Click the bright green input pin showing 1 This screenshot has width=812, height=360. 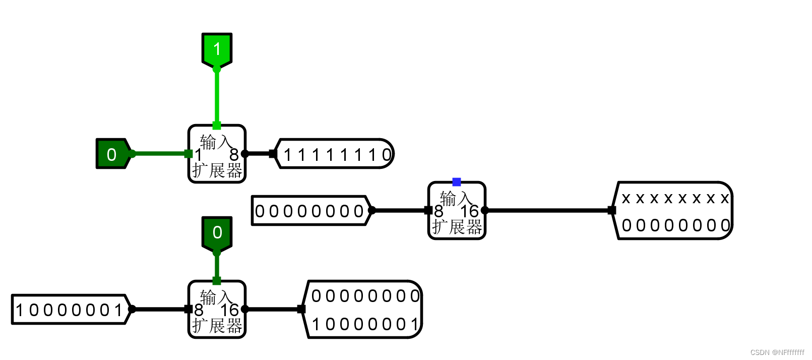click(217, 49)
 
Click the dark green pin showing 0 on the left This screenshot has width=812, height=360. click(112, 154)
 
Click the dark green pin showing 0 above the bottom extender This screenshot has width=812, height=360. click(217, 232)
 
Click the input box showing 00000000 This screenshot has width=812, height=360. click(309, 211)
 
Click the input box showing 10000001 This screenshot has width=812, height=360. click(69, 310)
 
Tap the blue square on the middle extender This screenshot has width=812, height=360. click(457, 182)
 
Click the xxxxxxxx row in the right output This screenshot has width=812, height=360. click(675, 198)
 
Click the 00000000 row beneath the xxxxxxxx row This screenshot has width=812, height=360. click(675, 225)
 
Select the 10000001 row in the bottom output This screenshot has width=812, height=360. click(365, 324)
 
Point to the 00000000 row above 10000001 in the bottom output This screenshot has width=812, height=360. click(365, 296)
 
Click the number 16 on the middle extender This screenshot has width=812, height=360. click(469, 211)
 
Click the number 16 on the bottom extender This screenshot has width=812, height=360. click(229, 310)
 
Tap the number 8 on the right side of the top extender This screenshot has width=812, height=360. click(234, 155)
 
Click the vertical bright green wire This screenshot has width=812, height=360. click(217, 96)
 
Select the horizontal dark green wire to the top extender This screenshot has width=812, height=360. click(159, 154)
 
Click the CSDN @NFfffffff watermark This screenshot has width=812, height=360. click(777, 352)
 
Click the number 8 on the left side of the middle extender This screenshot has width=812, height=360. click(439, 211)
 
